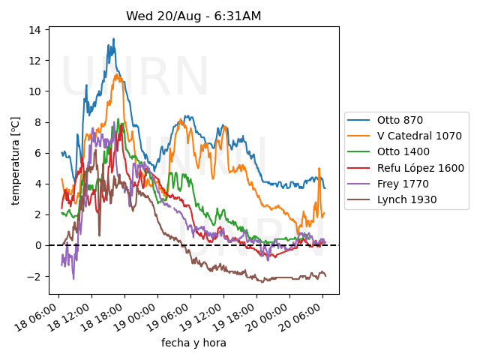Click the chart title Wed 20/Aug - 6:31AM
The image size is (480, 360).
[193, 16]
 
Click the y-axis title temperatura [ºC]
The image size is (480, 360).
[15, 160]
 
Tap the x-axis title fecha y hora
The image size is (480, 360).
[193, 343]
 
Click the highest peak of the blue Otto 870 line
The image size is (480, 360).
[114, 39]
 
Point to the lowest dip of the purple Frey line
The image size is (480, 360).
[73, 279]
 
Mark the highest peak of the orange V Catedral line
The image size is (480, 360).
[118, 74]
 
